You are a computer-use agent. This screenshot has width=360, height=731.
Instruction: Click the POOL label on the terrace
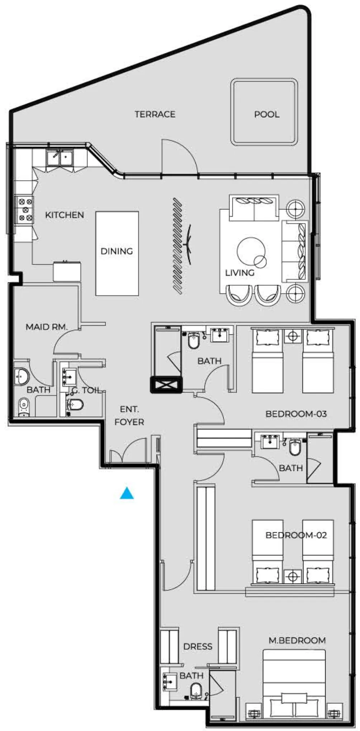[x=266, y=114]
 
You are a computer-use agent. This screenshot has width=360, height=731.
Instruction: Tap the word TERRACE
[x=155, y=114]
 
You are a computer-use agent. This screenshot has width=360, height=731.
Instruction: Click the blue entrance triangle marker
[x=127, y=494]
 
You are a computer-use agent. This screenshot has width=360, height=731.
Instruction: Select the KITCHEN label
[x=65, y=215]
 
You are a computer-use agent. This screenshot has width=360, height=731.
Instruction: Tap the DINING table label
[x=117, y=251]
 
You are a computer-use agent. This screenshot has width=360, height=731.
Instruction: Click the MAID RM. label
[x=46, y=327]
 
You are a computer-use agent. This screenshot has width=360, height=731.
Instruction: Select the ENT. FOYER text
[x=129, y=416]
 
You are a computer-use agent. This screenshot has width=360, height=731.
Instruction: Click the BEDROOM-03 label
[x=296, y=414]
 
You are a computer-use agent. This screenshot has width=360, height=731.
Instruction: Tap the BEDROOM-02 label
[x=296, y=535]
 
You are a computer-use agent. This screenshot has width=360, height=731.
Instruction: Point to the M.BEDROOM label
[x=297, y=640]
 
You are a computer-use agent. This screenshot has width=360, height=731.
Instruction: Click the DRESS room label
[x=198, y=646]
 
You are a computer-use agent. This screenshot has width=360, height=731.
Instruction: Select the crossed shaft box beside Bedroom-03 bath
[x=166, y=385]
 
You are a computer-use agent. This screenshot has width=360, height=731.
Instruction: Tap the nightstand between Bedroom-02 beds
[x=293, y=576]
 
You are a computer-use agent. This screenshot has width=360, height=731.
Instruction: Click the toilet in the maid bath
[x=23, y=406]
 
